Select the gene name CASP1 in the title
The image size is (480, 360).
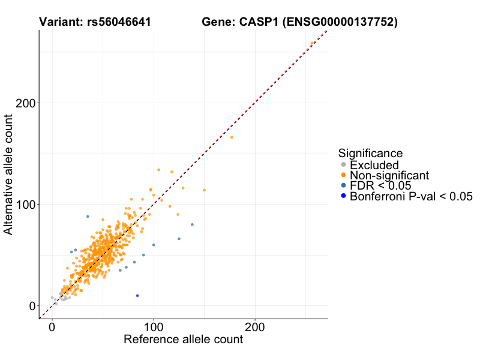(x=259, y=22)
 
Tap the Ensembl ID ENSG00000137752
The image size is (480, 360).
(x=340, y=22)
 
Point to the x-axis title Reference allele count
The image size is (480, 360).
(x=183, y=340)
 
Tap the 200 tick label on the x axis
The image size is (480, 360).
(x=255, y=328)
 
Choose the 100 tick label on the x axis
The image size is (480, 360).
(x=154, y=328)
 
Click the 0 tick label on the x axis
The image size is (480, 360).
(x=52, y=328)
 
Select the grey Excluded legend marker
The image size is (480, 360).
(x=343, y=165)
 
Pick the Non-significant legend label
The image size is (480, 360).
(x=389, y=175)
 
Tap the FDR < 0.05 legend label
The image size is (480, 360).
(x=380, y=186)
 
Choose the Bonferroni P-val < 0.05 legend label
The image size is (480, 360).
(x=412, y=197)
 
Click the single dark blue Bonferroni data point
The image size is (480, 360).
(x=137, y=296)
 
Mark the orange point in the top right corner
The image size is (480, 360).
(x=311, y=43)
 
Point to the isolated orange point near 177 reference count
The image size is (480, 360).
(x=232, y=137)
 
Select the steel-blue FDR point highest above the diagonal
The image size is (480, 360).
(x=88, y=217)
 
